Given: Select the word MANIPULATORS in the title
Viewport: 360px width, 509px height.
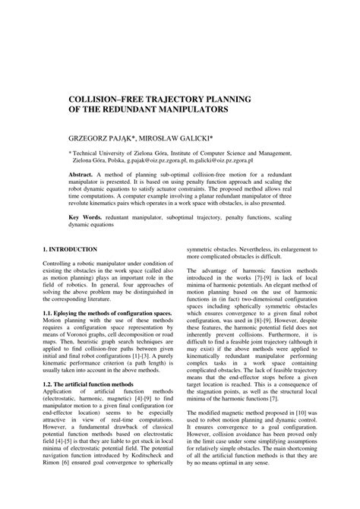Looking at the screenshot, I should [x=189, y=110].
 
